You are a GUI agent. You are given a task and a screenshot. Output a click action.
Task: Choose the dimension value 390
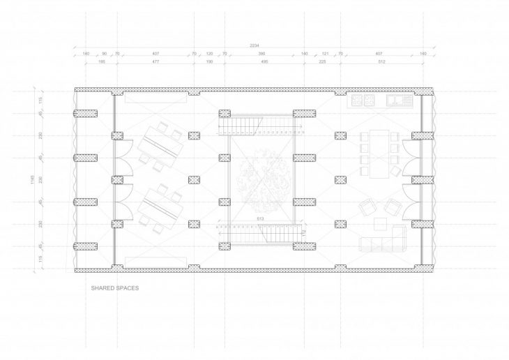point(261,54)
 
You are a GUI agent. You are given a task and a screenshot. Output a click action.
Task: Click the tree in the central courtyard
point(261,179)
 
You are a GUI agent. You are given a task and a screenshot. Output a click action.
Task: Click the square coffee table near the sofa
point(381,224)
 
